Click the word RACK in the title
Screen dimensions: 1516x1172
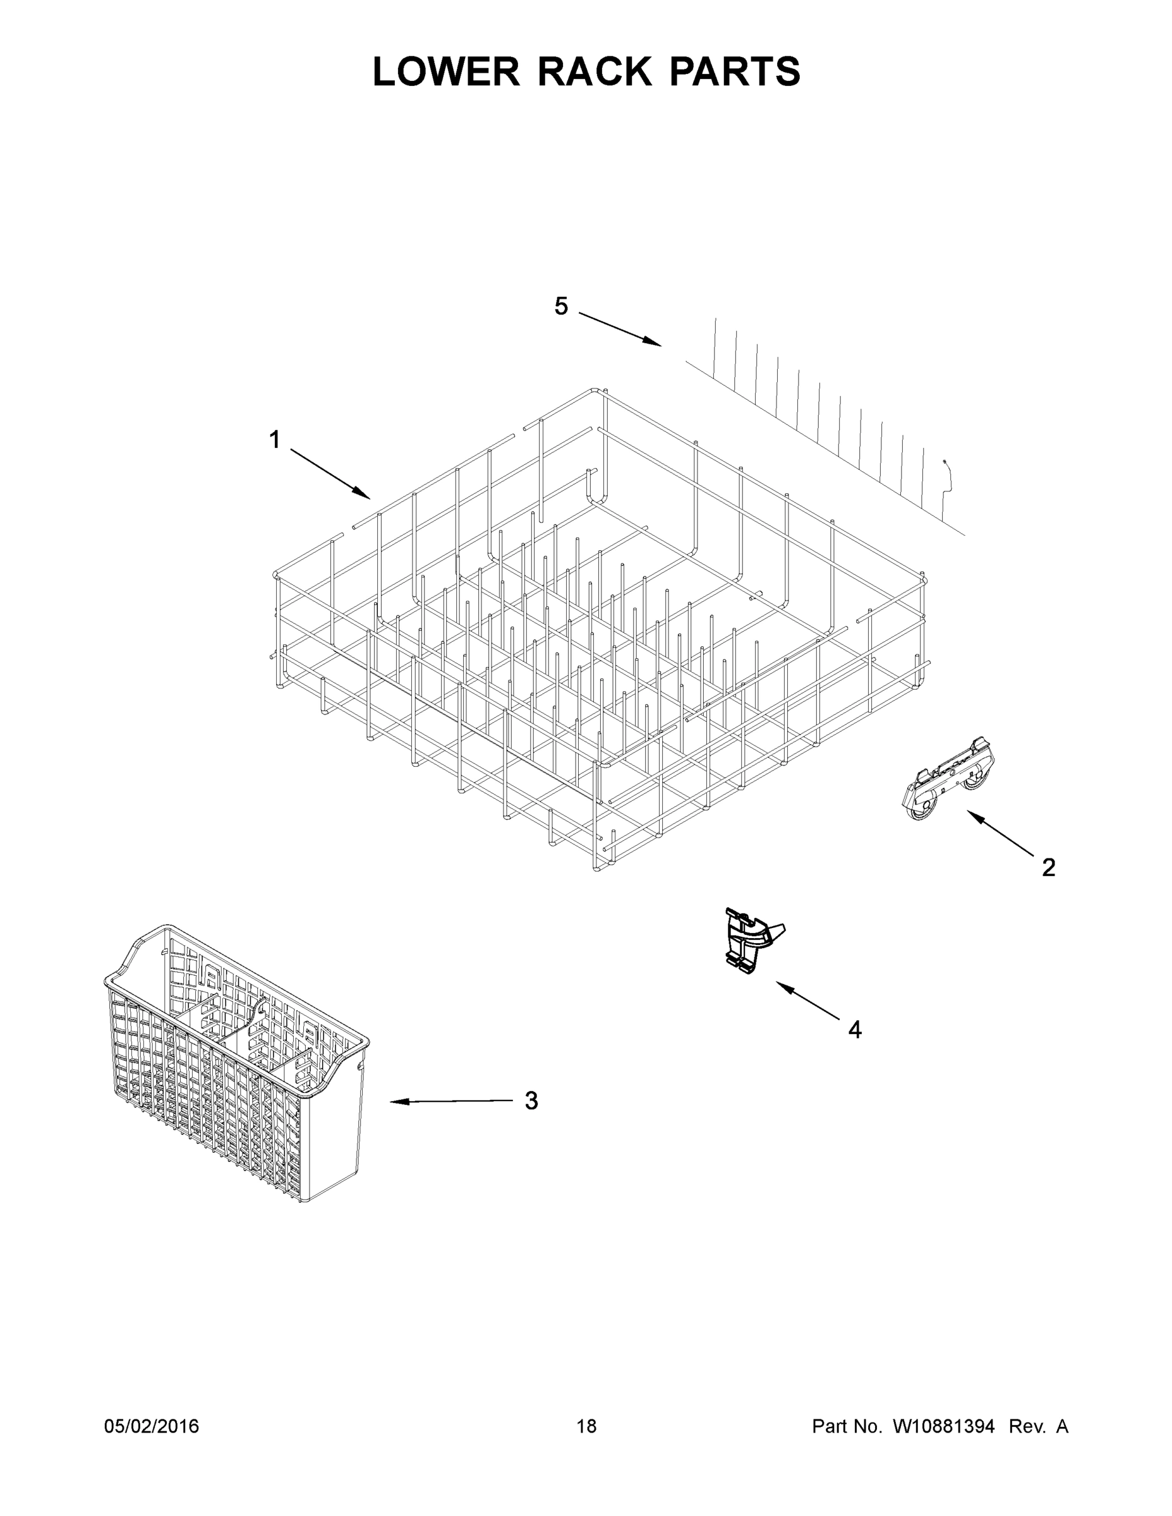click(595, 71)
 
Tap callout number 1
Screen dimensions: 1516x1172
click(275, 440)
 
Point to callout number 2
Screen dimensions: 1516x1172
click(1048, 867)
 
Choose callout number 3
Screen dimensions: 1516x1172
click(531, 1101)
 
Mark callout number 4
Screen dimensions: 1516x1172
click(855, 1030)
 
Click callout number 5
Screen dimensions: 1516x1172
click(561, 306)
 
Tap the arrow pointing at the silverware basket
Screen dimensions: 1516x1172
click(451, 1102)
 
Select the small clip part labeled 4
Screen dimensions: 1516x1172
click(751, 939)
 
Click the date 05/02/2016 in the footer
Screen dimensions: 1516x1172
click(152, 1426)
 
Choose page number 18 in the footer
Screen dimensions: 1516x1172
click(587, 1426)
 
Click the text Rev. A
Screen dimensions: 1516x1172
click(1038, 1426)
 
